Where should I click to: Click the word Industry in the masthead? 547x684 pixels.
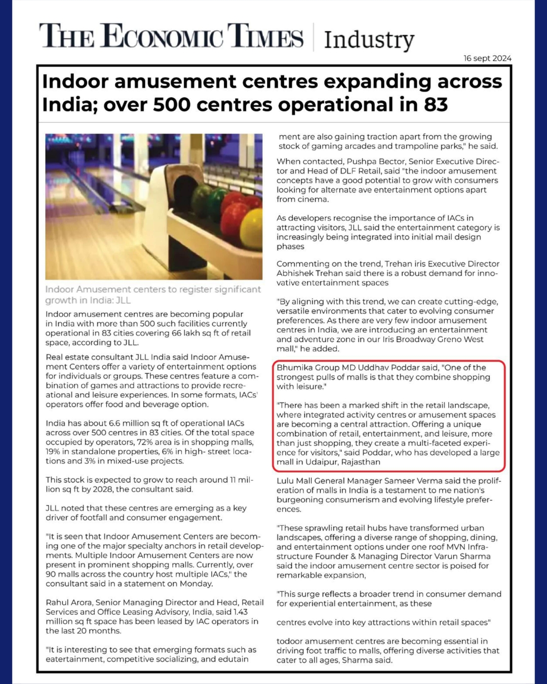(x=369, y=40)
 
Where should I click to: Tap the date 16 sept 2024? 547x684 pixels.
(x=487, y=58)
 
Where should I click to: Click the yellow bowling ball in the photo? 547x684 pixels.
(x=252, y=229)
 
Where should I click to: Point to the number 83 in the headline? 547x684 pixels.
(x=436, y=105)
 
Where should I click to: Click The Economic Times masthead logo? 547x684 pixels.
(x=172, y=36)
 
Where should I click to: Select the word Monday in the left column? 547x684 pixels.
(x=198, y=584)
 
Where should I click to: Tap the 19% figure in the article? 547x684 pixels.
(x=53, y=451)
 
